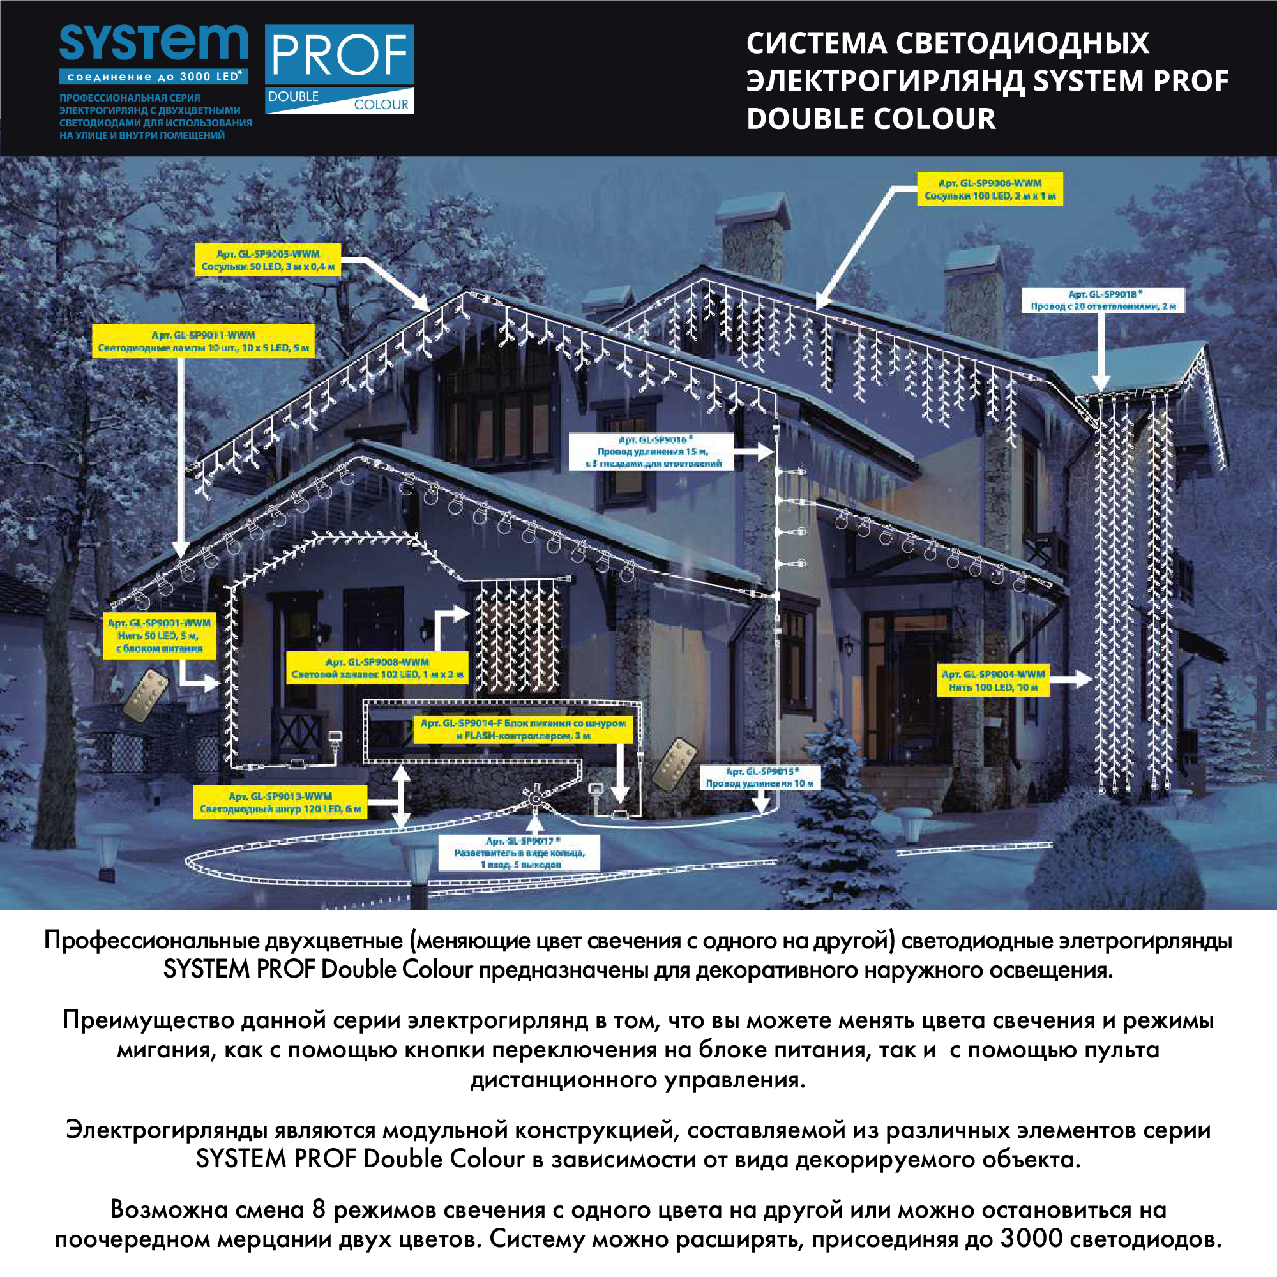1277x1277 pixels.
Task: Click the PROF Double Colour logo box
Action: point(339,69)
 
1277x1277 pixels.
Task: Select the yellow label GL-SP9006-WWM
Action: point(990,189)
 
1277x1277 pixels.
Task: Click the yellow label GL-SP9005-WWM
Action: point(268,260)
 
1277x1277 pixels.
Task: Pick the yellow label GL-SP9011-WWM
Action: point(203,341)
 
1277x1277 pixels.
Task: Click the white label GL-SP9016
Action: point(651,451)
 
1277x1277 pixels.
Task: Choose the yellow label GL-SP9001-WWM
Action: point(158,635)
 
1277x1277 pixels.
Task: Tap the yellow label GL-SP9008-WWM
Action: point(377,669)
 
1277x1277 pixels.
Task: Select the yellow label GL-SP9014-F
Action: point(522,729)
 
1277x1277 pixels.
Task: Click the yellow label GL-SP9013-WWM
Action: point(280,803)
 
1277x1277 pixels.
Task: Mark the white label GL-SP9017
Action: point(519,852)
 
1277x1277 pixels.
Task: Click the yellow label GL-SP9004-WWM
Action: point(993,681)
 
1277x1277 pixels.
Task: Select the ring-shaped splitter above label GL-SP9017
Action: point(534,800)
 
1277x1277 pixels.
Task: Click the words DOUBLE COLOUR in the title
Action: point(870,119)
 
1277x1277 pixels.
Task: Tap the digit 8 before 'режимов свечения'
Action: point(319,1209)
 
